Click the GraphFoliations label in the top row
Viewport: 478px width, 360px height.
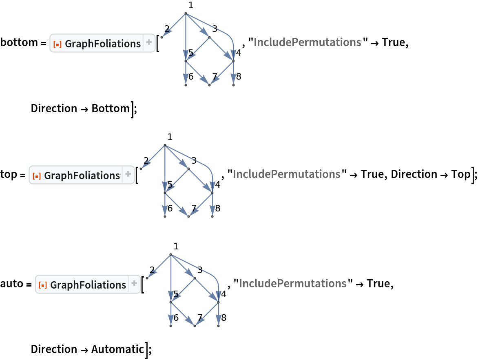[x=102, y=43]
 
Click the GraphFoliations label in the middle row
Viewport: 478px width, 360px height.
[x=82, y=176]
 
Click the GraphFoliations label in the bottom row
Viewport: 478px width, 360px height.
[x=88, y=284]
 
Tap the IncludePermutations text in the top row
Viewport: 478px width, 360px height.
[x=307, y=42]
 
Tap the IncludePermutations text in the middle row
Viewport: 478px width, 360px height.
[x=286, y=174]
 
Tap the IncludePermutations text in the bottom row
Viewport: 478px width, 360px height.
[x=292, y=284]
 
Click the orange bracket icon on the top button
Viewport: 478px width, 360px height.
[x=58, y=44]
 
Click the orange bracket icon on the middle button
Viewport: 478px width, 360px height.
[x=37, y=176]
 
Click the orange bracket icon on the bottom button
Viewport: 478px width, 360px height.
[x=43, y=285]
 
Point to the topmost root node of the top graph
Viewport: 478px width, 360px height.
[x=186, y=13]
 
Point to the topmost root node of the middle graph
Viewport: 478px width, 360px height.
[x=165, y=145]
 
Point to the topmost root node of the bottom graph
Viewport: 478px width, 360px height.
[x=171, y=254]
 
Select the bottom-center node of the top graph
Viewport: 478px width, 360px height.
[x=209, y=85]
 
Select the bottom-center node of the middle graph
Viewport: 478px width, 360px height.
[x=188, y=216]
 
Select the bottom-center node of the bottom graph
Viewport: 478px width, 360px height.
[x=195, y=326]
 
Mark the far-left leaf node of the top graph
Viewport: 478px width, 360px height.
[x=162, y=37]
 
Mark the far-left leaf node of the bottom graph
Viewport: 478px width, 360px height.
[x=147, y=278]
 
